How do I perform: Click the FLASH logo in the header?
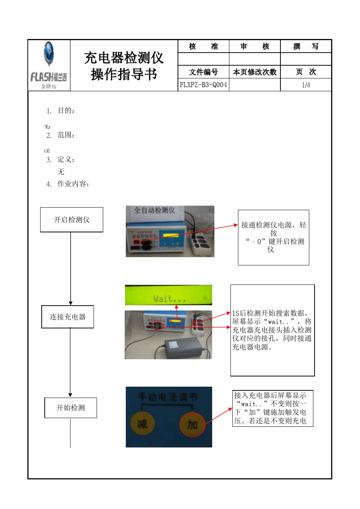49,66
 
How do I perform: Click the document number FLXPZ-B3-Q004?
203,85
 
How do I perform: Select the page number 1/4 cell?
306,85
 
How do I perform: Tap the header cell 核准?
203,47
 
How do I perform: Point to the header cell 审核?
255,47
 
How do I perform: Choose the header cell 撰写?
306,47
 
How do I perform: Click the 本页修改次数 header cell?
255,72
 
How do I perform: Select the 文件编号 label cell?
203,72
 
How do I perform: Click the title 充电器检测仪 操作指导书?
124,66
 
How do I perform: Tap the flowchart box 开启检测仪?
72,220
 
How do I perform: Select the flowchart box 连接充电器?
67,317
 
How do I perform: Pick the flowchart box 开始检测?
70,408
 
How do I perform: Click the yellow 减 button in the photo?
142,423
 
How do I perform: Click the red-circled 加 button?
192,425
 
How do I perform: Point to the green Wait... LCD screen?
168,295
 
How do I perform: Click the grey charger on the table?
183,348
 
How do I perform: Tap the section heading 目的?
66,111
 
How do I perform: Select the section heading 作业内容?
73,184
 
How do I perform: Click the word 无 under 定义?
61,172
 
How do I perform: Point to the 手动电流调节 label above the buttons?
168,397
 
